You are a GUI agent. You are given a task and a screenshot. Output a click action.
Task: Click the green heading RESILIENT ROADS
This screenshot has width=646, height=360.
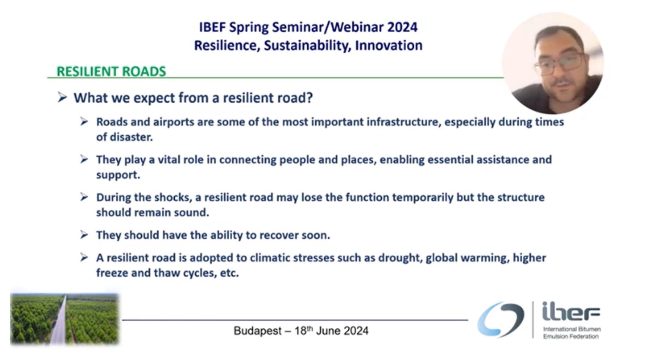point(111,71)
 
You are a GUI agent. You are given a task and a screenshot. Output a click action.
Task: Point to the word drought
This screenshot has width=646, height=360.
point(400,258)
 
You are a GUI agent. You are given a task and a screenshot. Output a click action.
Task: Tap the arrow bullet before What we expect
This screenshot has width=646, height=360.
point(62,97)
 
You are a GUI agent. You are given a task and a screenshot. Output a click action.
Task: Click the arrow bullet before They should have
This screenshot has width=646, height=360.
point(84,235)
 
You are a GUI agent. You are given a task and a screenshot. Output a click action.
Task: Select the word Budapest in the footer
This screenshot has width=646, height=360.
point(258,331)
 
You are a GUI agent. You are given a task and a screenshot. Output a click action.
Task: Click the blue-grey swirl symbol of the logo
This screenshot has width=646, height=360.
point(500,319)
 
